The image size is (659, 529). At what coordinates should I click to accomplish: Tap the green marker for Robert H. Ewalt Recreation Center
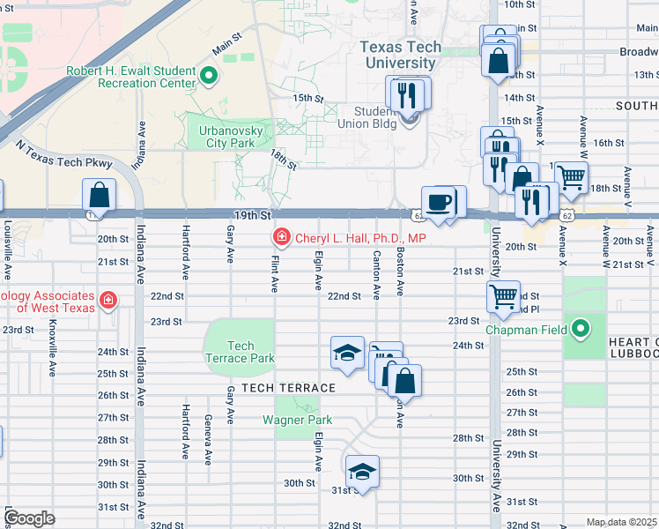pos(209,76)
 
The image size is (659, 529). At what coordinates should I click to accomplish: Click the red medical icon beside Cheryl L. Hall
pos(281,237)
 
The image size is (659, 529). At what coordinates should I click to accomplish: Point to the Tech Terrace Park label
pos(240,352)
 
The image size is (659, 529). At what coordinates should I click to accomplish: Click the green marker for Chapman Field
pos(581,331)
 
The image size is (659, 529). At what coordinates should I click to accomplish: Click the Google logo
pos(29,518)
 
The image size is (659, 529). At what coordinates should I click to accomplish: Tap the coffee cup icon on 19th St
pos(439,202)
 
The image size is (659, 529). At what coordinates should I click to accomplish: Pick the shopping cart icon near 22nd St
pos(503,297)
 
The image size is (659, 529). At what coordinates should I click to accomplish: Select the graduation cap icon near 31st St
pos(361,471)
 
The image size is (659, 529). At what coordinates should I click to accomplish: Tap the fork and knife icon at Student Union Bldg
pos(406,94)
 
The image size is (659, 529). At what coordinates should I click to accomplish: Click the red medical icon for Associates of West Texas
pos(108,300)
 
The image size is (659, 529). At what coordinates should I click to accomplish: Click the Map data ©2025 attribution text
pos(621,522)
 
